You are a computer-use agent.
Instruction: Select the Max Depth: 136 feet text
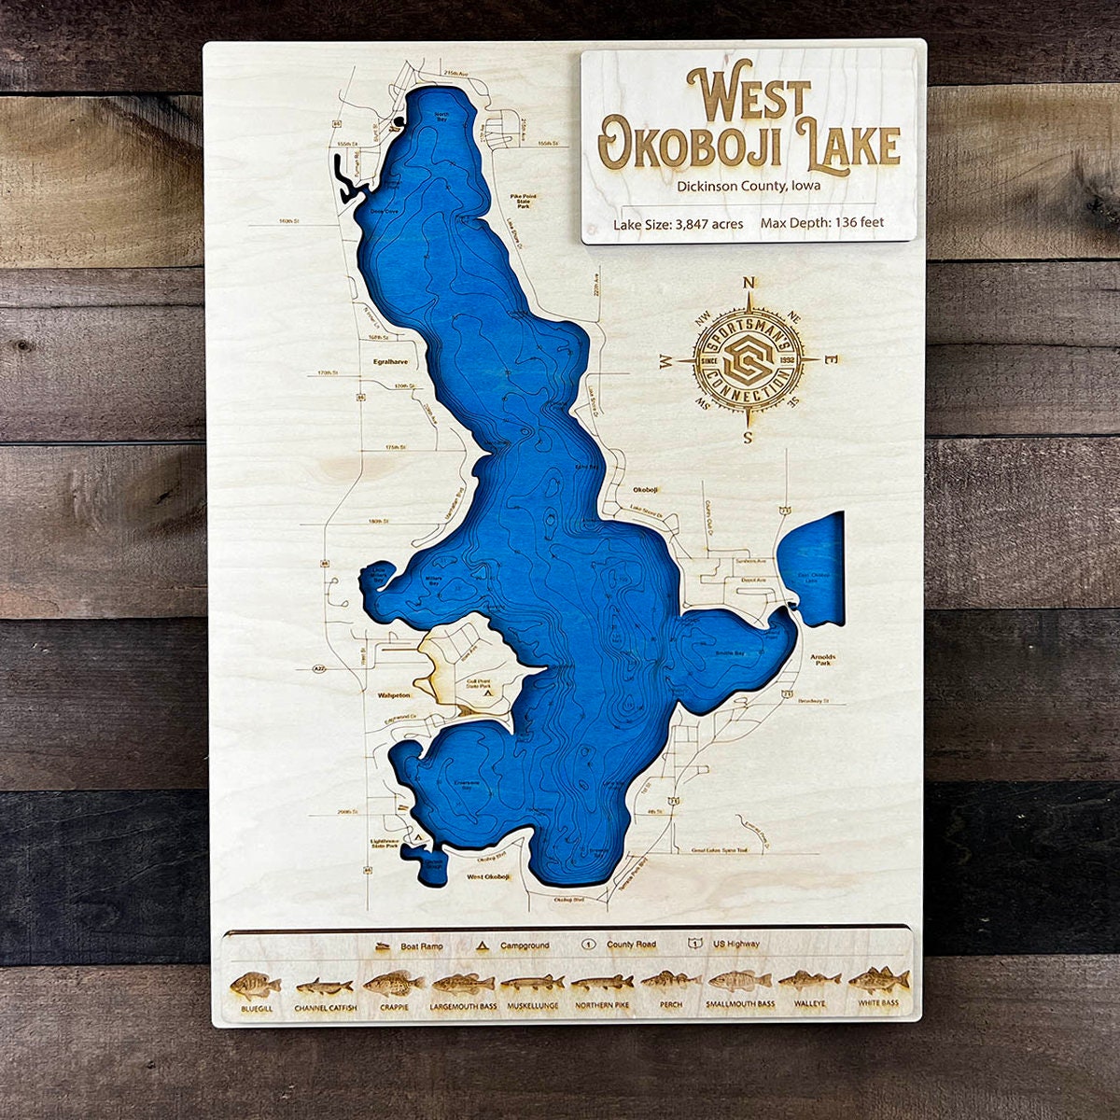[x=822, y=223]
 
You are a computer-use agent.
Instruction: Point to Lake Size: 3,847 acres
[x=678, y=223]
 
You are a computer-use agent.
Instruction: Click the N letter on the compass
[x=748, y=284]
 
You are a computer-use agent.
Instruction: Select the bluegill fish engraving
[x=256, y=985]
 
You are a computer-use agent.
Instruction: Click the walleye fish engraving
[x=809, y=982]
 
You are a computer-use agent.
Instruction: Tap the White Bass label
[x=878, y=1004]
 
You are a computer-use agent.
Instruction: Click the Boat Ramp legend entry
[x=411, y=945]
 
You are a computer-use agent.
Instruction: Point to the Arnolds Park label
[x=823, y=660]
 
